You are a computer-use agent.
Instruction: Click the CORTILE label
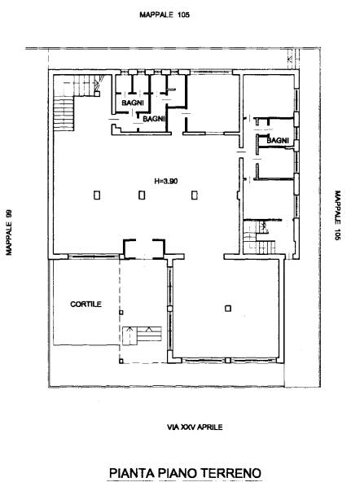pos(86,304)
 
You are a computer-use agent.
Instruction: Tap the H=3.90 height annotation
pos(166,181)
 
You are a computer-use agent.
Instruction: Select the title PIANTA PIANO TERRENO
pos(185,473)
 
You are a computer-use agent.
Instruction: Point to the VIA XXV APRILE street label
pos(195,427)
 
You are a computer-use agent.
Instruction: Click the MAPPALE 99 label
pos(9,232)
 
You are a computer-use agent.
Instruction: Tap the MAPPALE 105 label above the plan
pos(165,15)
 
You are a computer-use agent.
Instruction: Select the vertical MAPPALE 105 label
pos(337,215)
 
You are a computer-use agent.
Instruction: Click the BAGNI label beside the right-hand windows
pos(278,141)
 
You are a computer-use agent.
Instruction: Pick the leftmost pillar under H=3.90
pos(97,195)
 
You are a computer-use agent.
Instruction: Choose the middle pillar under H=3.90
pos(142,195)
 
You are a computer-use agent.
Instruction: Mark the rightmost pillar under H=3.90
pos(195,195)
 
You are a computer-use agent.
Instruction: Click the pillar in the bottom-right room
pos(228,309)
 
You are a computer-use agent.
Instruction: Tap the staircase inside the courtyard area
pos(142,335)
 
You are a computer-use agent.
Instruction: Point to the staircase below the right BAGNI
pos(260,236)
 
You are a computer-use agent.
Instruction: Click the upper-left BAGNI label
pos(133,103)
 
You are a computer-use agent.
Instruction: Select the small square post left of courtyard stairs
pos(121,312)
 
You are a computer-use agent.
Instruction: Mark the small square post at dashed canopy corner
pos(121,361)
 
